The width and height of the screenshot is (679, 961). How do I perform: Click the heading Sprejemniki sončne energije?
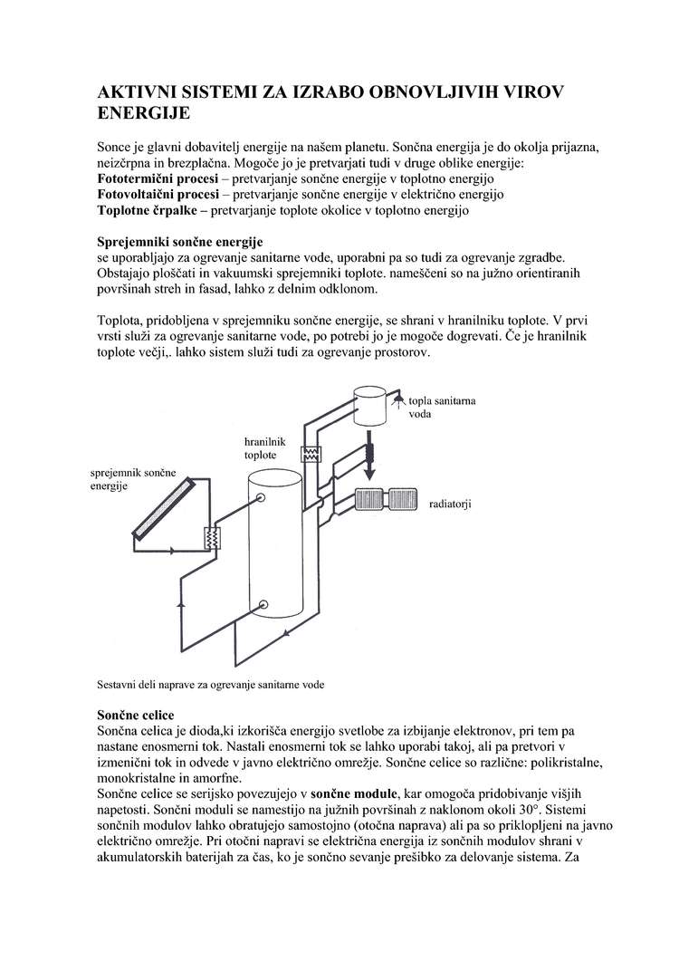point(179,242)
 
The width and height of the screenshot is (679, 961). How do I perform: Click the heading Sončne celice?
point(136,716)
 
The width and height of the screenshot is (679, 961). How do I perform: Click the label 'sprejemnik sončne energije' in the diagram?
point(131,479)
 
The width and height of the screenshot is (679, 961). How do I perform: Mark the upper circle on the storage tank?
point(261,497)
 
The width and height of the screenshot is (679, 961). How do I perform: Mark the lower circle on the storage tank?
point(262,605)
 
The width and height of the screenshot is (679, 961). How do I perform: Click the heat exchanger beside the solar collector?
point(214,538)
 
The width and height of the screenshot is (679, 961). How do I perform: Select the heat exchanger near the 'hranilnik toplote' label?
point(311,455)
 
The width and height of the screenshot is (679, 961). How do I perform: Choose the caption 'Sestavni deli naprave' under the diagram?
point(210,685)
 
